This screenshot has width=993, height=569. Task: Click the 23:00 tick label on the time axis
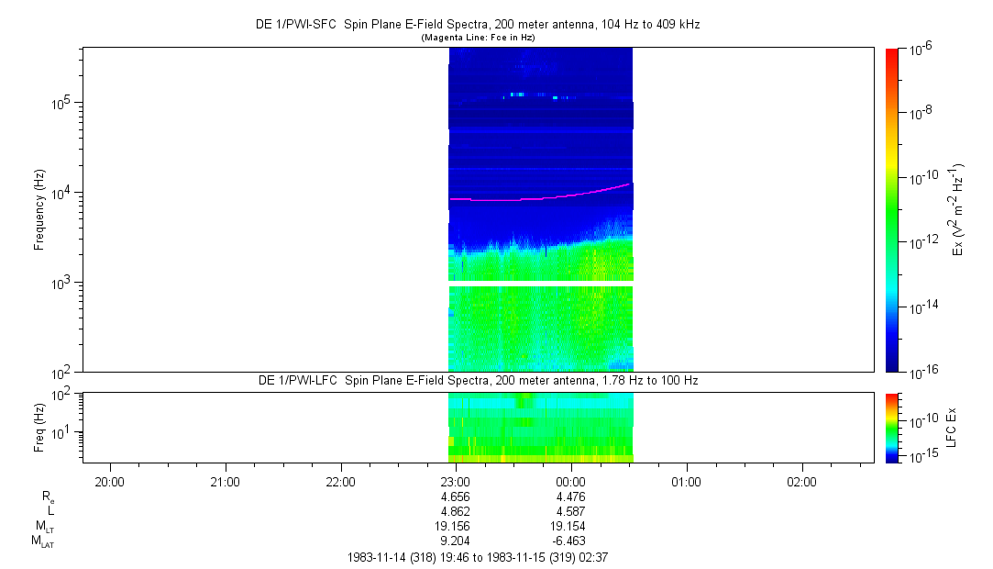[456, 481]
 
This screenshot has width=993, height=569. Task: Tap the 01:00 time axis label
[686, 481]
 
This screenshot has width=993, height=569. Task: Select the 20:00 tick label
[110, 481]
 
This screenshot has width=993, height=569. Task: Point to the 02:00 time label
[801, 481]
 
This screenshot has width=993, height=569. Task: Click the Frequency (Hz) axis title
[39, 210]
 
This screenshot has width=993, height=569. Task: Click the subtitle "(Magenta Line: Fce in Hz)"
[478, 38]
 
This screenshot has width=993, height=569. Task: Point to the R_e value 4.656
[456, 496]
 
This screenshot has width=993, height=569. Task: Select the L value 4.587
[571, 511]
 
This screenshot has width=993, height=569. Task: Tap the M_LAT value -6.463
[569, 541]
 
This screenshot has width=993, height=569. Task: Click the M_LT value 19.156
[456, 527]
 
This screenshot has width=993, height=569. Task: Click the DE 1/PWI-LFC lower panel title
[478, 380]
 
